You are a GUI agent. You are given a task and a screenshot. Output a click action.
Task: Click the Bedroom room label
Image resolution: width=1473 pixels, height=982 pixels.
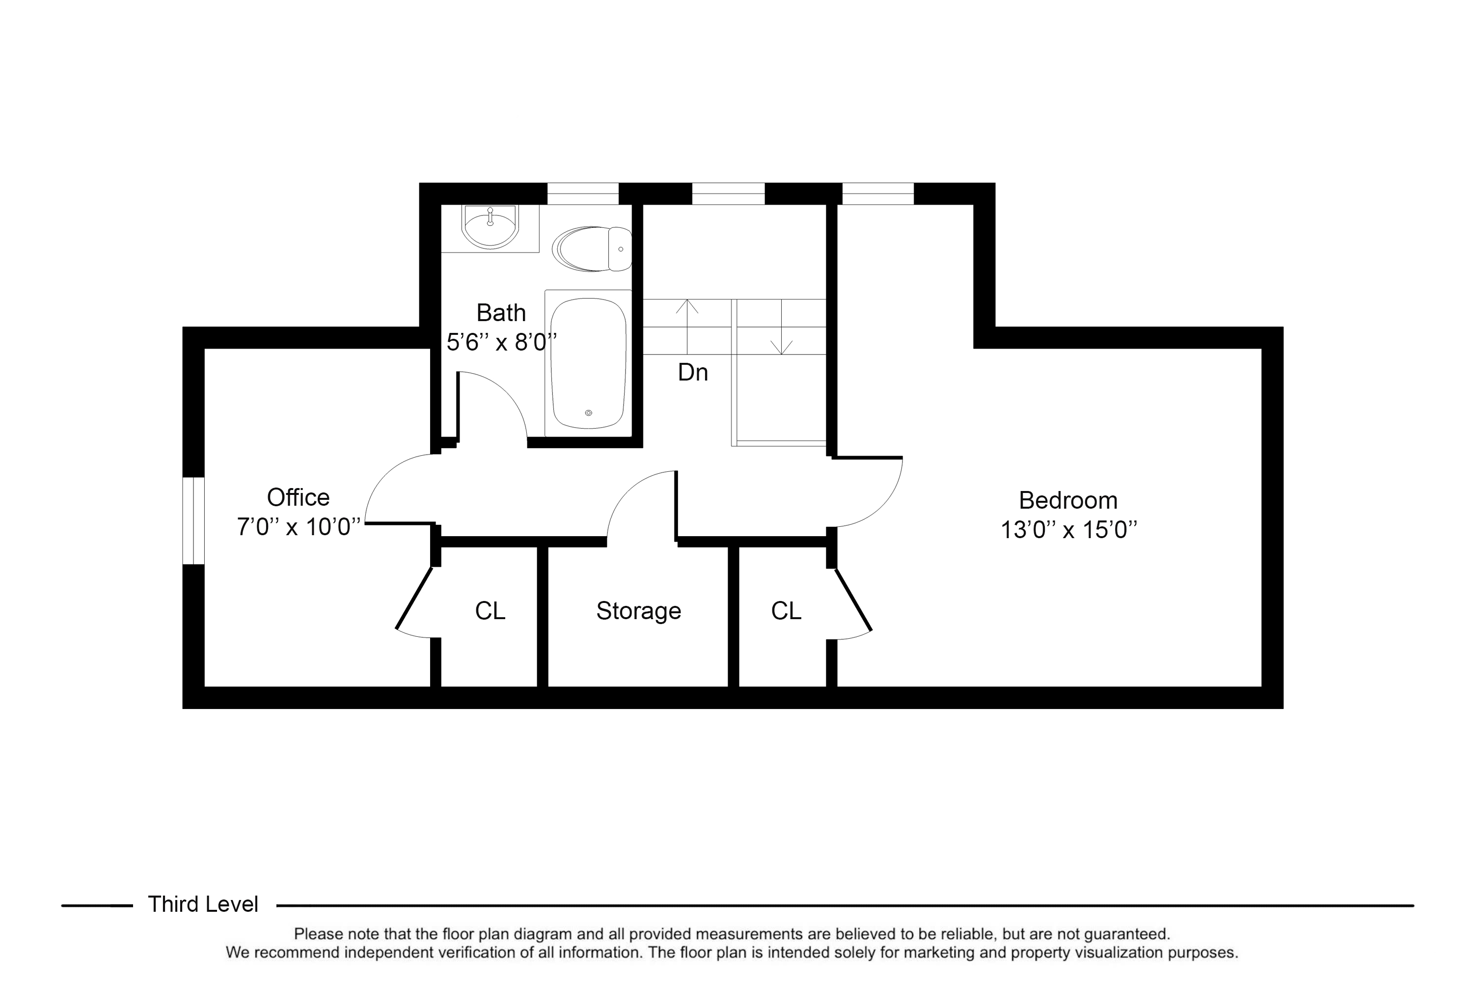(1068, 500)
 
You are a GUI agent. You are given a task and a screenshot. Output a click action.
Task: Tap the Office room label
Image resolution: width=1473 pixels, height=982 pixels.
(298, 497)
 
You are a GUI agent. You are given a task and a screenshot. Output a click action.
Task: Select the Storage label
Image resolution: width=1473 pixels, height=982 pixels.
(638, 611)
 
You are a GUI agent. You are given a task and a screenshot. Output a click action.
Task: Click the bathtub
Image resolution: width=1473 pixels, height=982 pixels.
(588, 363)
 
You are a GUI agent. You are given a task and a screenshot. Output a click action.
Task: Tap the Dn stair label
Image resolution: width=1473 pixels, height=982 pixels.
(693, 373)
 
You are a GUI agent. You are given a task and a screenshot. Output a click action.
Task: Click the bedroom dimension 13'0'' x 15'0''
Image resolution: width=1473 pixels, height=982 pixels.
(1068, 530)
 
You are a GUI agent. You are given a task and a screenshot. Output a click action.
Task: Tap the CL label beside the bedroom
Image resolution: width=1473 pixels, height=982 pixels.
(786, 611)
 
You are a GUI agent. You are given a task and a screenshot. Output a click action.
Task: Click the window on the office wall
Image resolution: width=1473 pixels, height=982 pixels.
(193, 520)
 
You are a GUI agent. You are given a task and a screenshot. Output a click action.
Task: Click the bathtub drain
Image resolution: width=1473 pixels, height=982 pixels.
(589, 413)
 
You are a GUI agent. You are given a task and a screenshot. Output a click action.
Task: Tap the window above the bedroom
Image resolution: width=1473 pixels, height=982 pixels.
(877, 193)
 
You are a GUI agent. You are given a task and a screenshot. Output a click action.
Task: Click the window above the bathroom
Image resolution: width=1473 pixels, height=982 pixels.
(583, 193)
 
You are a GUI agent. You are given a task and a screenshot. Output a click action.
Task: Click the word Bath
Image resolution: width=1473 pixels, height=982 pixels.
(501, 312)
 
